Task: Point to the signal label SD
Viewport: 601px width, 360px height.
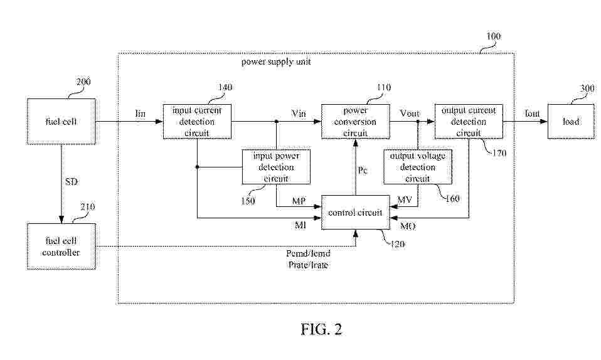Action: [72, 181]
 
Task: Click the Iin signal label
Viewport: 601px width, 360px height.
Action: [141, 114]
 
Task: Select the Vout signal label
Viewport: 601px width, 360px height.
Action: [410, 114]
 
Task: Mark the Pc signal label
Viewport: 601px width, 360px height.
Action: [363, 170]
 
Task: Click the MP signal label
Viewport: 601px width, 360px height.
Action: [299, 201]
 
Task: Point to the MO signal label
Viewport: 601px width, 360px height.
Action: [408, 226]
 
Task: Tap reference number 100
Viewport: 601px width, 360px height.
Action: [494, 36]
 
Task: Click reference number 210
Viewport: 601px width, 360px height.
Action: [88, 207]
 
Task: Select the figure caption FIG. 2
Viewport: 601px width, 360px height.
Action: [321, 329]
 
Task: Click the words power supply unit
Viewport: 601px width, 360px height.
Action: [276, 61]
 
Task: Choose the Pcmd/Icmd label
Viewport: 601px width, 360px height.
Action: [308, 253]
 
